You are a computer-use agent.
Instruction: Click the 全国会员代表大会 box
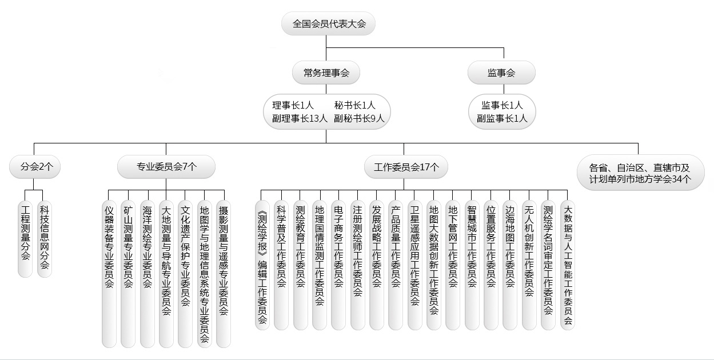(x=328, y=23)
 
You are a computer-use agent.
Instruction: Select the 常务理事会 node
(x=326, y=73)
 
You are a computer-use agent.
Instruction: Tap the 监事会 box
(x=501, y=73)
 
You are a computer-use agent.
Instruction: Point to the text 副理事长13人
(x=300, y=118)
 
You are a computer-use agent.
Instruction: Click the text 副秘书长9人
(x=359, y=118)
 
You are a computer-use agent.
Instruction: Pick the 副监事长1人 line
(x=502, y=118)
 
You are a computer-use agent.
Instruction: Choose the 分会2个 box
(x=35, y=167)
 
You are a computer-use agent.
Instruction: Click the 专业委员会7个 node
(x=166, y=167)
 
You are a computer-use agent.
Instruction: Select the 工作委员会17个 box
(x=406, y=167)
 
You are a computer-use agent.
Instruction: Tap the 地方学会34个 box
(x=641, y=173)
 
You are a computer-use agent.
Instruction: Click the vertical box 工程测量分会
(x=25, y=239)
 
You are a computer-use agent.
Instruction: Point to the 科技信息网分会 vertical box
(x=45, y=239)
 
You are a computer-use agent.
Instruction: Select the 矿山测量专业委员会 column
(x=128, y=274)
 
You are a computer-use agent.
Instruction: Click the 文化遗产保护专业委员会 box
(x=185, y=274)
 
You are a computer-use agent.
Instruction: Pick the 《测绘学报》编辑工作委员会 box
(x=262, y=265)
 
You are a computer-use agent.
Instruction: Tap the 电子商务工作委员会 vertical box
(x=338, y=265)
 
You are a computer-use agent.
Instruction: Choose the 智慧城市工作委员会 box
(x=472, y=265)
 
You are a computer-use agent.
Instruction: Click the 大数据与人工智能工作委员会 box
(x=568, y=265)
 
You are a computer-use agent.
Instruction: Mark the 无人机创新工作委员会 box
(x=529, y=265)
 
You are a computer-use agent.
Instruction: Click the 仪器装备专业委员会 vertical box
(x=109, y=274)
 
